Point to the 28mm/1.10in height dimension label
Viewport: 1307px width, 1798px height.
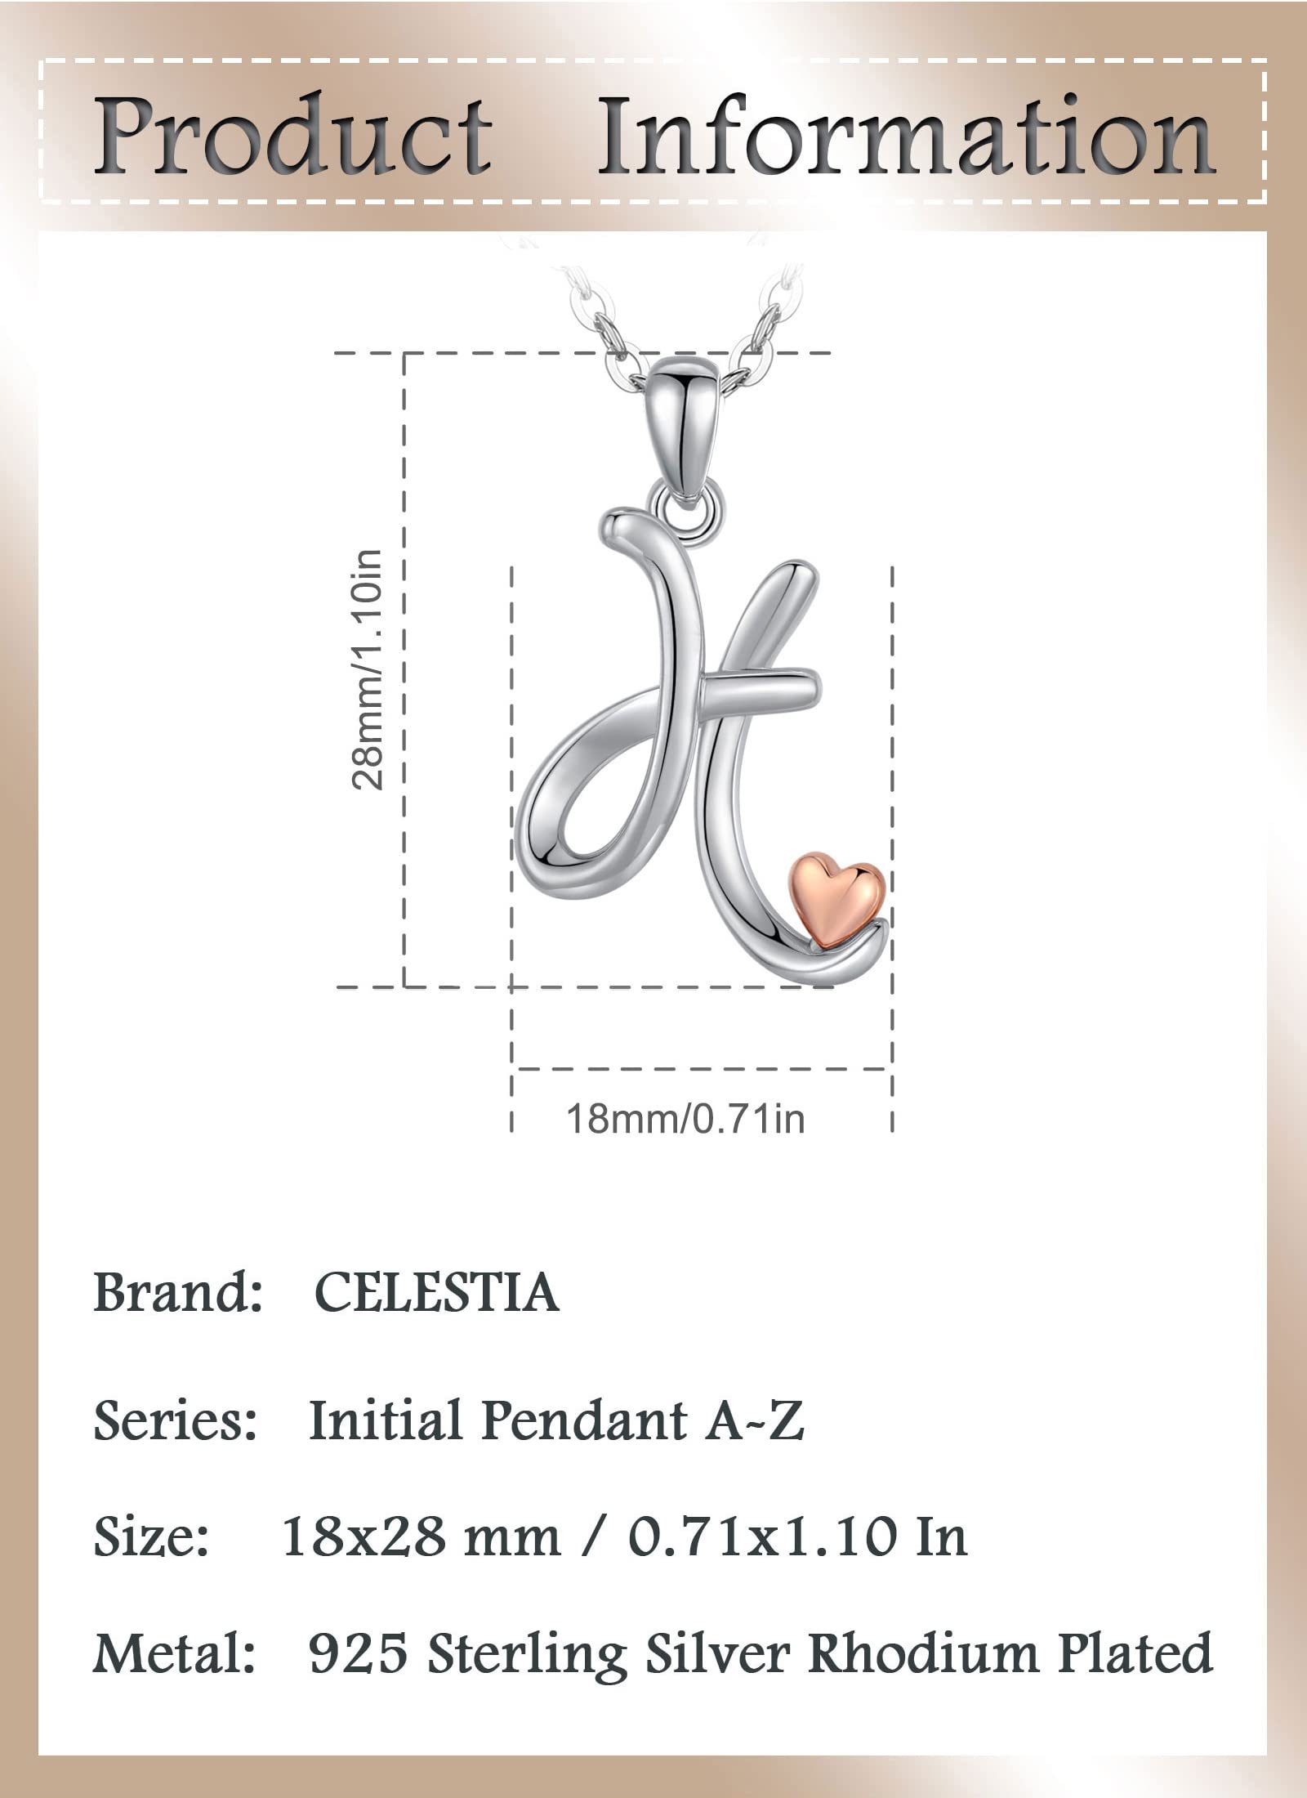(x=367, y=670)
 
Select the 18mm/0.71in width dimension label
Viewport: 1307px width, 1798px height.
(x=685, y=1118)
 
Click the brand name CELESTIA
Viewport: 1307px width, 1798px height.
(x=436, y=1294)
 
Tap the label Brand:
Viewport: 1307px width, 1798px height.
(x=177, y=1294)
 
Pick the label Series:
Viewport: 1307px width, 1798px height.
(x=176, y=1420)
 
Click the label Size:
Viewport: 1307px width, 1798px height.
(x=152, y=1536)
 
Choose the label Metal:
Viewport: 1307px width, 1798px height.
(x=174, y=1653)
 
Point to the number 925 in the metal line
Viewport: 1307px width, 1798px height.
(x=358, y=1653)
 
